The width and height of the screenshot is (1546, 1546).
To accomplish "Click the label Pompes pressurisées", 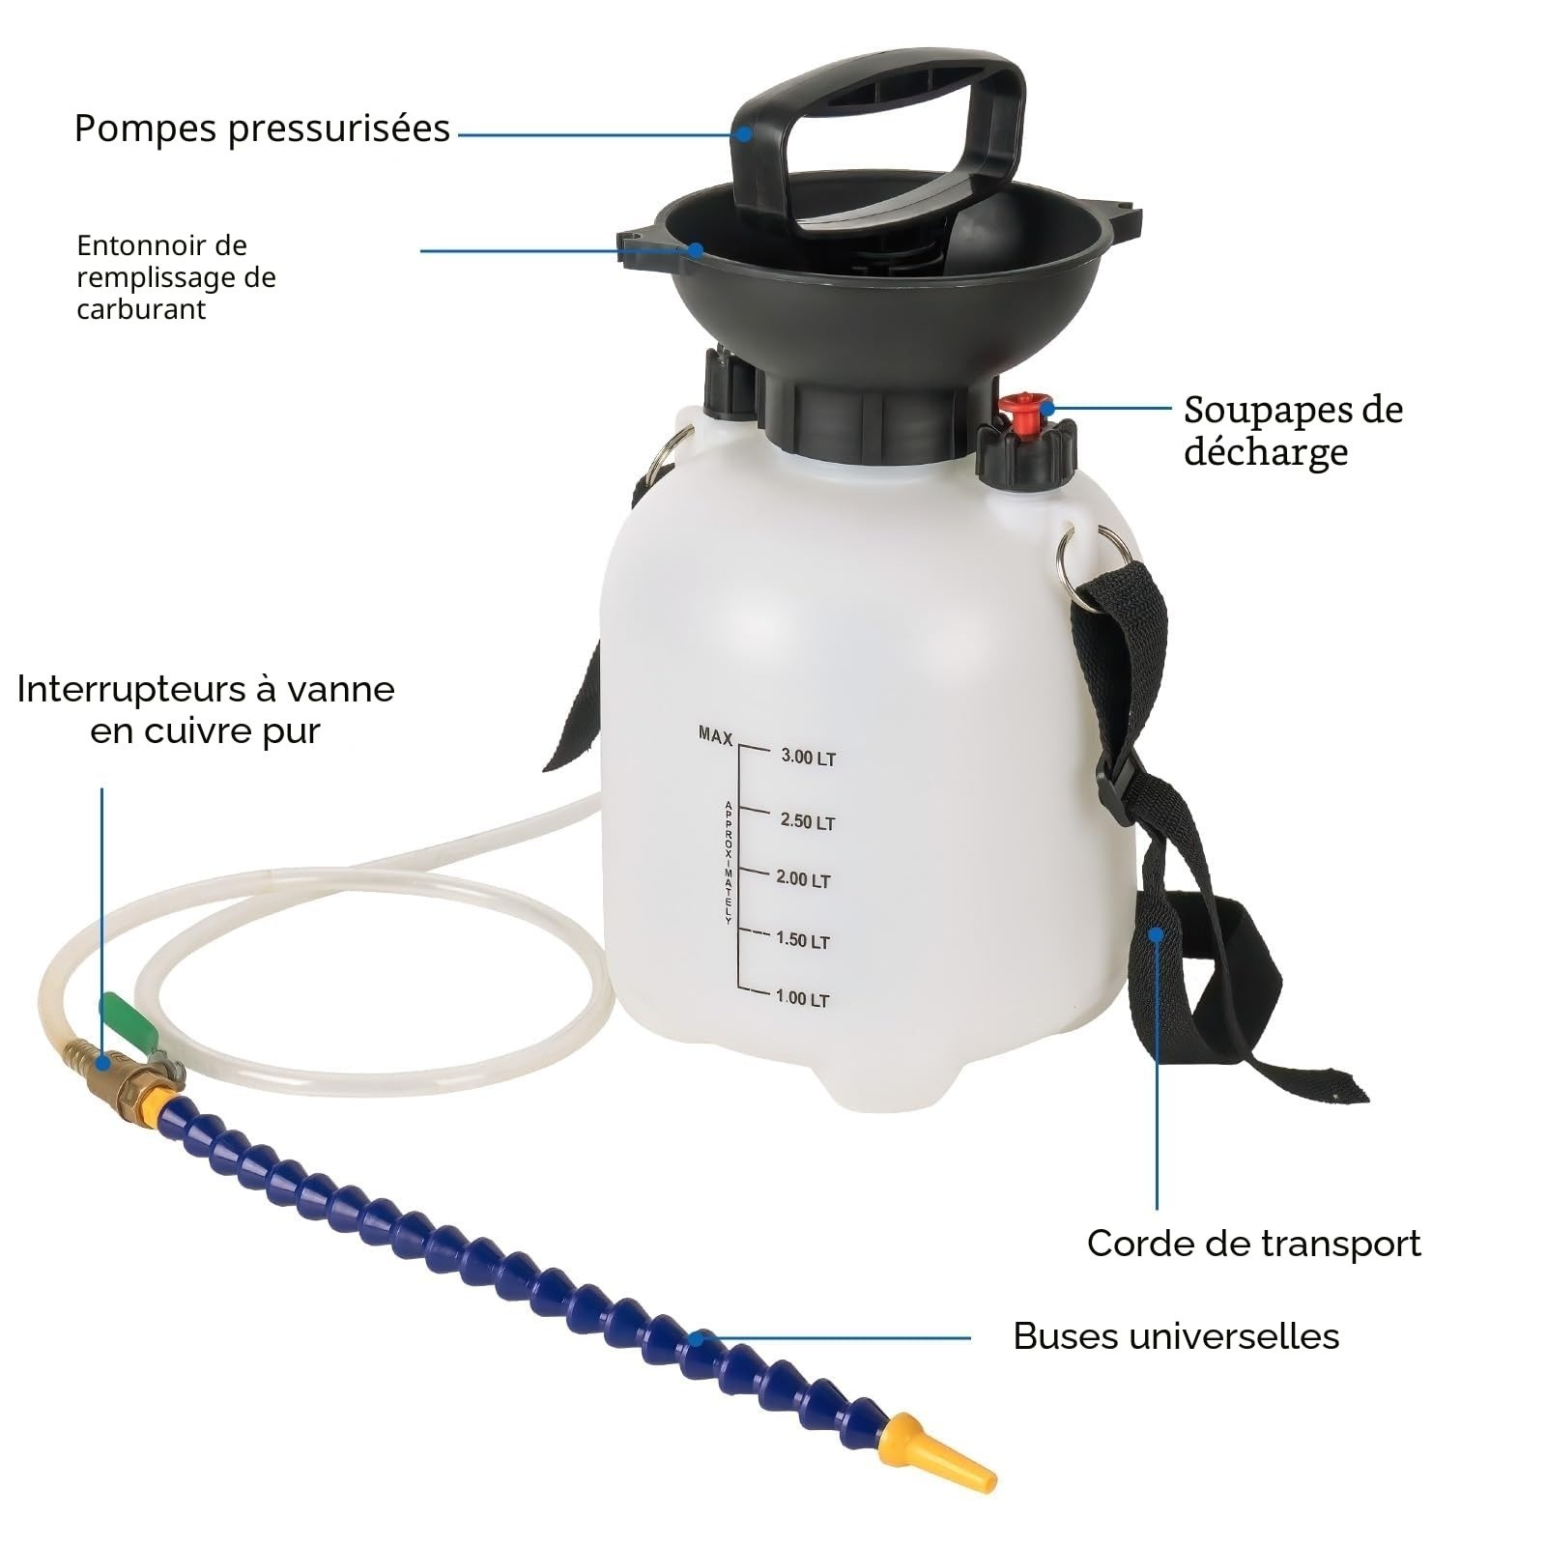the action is point(262,129).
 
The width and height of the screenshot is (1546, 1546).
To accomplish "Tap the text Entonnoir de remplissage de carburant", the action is point(176,277).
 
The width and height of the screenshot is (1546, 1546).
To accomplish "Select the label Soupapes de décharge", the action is point(1293,430).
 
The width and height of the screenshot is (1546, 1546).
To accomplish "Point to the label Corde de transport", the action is point(1253,1244).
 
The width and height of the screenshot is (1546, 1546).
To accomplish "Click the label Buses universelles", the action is point(1176,1336).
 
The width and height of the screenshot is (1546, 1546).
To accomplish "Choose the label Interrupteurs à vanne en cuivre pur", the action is point(206,709).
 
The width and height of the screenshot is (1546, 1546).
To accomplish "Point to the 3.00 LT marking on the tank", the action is point(808,758).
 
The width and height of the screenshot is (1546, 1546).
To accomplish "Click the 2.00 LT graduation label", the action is point(803,879).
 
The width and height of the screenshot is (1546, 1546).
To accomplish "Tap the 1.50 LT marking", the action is point(803,940).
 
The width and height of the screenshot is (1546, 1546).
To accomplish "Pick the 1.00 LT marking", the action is point(802,998).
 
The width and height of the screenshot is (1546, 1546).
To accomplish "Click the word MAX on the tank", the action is point(716,736).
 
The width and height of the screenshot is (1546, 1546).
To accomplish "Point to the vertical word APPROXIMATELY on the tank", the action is point(729,862).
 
